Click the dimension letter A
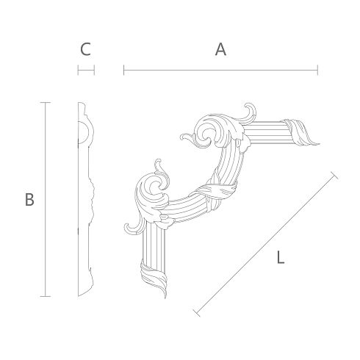coord(220,49)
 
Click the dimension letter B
coord(29,199)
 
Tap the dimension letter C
coord(85,49)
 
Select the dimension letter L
coord(281,257)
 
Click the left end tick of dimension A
coord(124,70)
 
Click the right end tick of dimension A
coord(317,70)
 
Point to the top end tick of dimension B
coord(46,102)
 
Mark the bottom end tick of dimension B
coord(46,296)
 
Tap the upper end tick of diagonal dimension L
coord(335,176)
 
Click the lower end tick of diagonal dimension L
coord(197,313)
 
